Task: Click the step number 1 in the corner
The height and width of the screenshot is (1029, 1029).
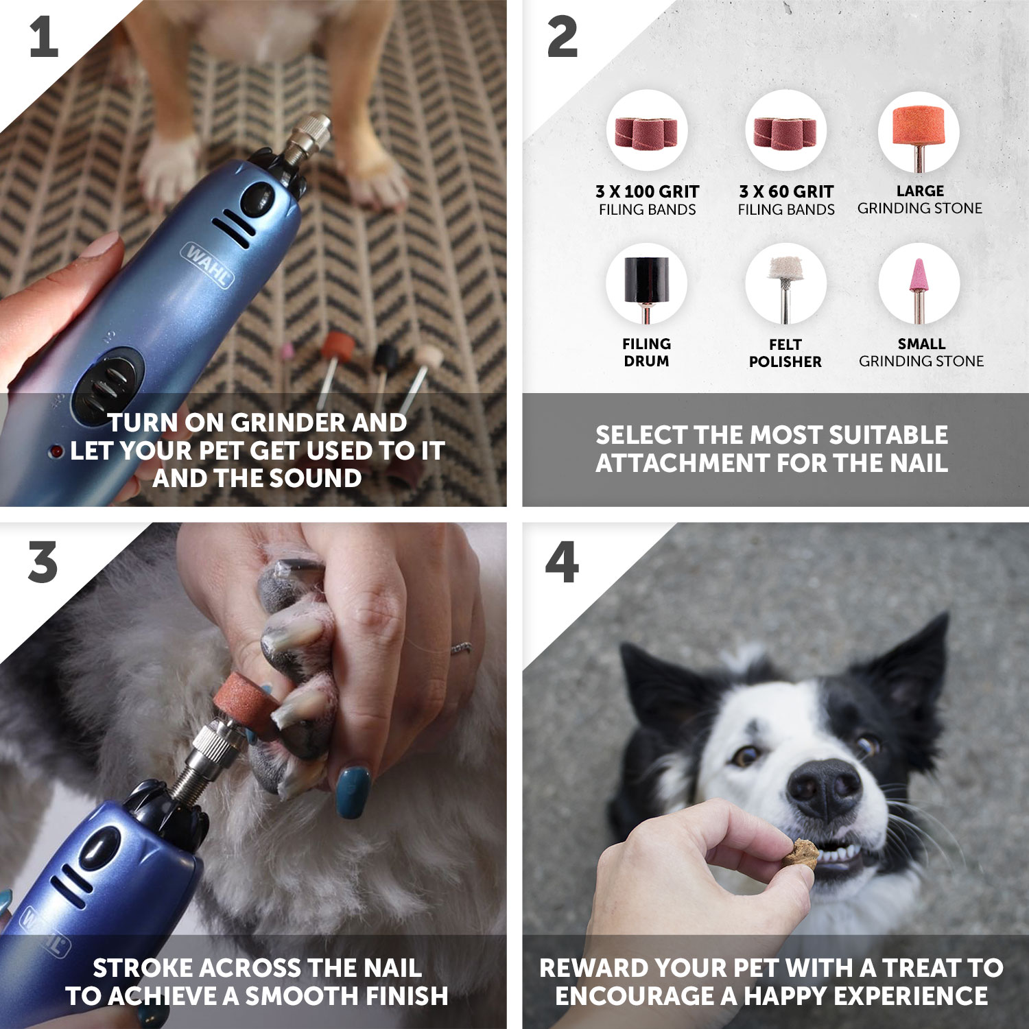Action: point(43,38)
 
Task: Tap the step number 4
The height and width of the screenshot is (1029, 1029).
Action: point(562,563)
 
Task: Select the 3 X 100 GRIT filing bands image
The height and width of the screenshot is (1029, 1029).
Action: point(646,131)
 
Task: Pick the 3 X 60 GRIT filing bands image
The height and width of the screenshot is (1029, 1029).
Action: point(785,131)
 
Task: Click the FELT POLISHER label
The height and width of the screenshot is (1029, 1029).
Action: point(785,353)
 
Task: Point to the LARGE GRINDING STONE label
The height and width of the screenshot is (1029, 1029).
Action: point(919,200)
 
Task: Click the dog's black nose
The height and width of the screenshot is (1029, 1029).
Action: point(824,789)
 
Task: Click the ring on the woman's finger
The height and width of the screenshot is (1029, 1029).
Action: point(461,647)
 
